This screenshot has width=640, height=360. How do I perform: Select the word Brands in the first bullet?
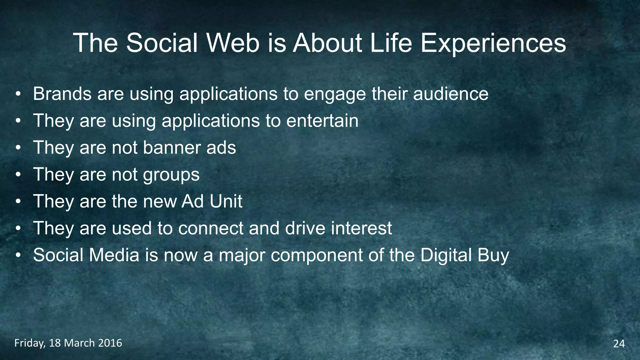(62, 93)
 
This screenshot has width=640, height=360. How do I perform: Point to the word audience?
(451, 93)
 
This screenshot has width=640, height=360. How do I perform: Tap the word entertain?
(322, 121)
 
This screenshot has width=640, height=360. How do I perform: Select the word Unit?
(226, 201)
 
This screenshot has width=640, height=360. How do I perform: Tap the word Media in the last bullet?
(114, 255)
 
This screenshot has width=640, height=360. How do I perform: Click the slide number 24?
(619, 344)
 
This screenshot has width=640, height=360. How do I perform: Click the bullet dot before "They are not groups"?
(18, 175)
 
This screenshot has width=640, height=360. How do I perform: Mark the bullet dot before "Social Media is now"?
(18, 256)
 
